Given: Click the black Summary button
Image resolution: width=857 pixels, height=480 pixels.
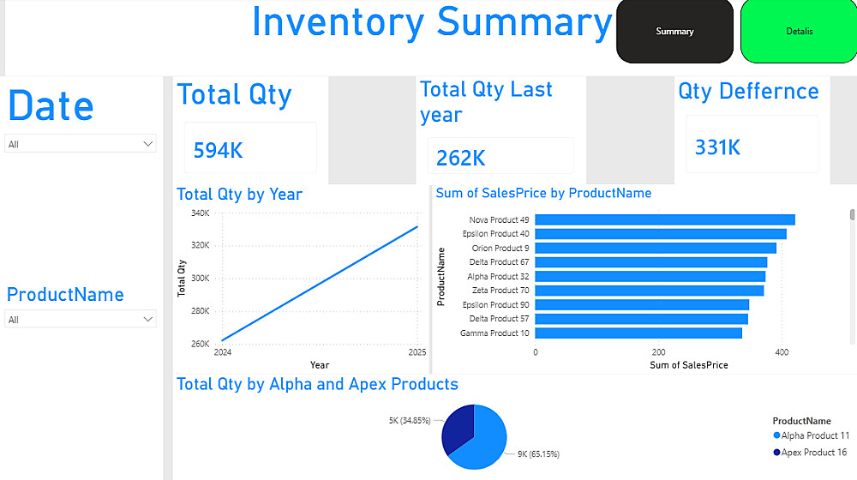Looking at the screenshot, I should pos(674,32).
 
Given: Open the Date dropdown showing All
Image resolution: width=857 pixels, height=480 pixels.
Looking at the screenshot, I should pos(81,144).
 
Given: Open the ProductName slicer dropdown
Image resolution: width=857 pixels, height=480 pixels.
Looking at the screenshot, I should pos(81,320).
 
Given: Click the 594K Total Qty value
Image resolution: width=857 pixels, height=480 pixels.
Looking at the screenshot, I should pos(219,151).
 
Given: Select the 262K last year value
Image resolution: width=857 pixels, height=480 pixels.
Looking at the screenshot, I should pos(461,158).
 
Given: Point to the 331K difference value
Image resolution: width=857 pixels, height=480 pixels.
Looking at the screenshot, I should pos(717,147).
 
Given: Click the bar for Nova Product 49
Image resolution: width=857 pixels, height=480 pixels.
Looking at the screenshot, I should pos(664,220).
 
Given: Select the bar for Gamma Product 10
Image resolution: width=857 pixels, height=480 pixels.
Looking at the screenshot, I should pos(638,333).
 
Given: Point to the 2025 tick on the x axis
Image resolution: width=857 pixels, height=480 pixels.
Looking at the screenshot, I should pos(417,352).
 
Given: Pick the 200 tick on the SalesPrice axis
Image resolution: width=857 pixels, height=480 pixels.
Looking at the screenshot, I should pos(658,351).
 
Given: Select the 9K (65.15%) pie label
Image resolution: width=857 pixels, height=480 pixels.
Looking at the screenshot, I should pos(538,453).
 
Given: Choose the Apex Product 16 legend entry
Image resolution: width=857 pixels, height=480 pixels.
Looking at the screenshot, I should pos(813,452).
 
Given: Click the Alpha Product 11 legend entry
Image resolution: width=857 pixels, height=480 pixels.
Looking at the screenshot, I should pos(814,436).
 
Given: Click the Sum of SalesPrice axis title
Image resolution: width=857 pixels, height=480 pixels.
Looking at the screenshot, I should pos(689,365).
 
